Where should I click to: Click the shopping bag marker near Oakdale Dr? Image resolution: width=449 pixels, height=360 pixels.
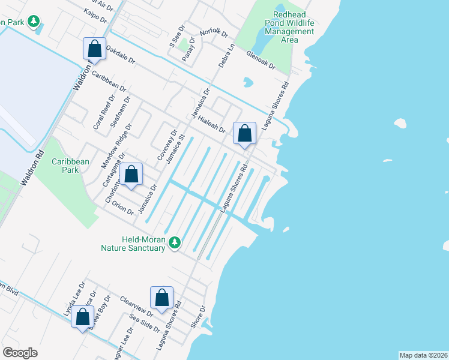pyautogui.click(x=94, y=49)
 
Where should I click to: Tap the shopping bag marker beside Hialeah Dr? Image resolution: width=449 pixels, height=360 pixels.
pyautogui.click(x=244, y=133)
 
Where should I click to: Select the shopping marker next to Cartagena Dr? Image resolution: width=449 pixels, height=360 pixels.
pyautogui.click(x=131, y=175)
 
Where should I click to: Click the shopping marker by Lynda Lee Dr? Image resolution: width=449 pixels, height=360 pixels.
pyautogui.click(x=83, y=317)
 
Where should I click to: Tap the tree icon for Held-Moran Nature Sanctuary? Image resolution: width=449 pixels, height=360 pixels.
pyautogui.click(x=174, y=242)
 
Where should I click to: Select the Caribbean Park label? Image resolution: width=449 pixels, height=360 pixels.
pyautogui.click(x=70, y=166)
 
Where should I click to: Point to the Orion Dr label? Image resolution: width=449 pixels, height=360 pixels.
pyautogui.click(x=122, y=208)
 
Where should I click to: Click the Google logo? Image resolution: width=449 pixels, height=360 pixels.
pyautogui.click(x=20, y=353)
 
